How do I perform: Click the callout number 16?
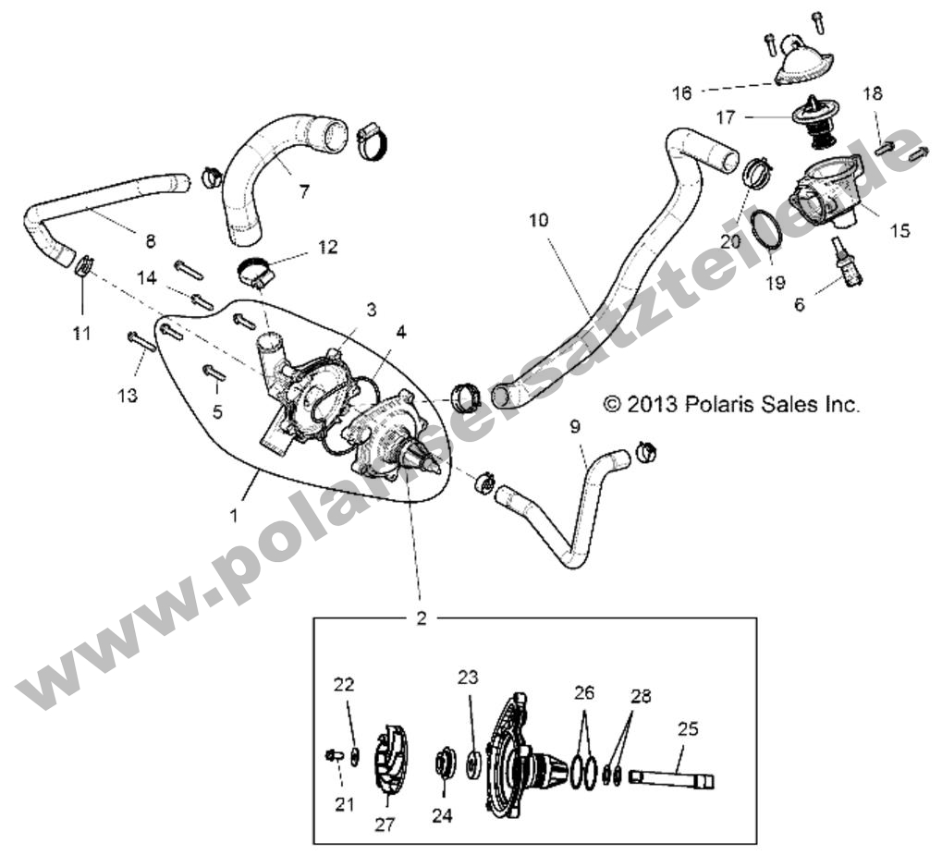[x=681, y=92]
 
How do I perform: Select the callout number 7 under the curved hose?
[x=304, y=192]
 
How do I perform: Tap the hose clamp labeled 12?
[x=259, y=272]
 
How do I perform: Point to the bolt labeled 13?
[x=141, y=343]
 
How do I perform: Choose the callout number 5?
[x=217, y=411]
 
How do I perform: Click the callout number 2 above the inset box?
[x=422, y=618]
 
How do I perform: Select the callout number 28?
[x=640, y=696]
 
